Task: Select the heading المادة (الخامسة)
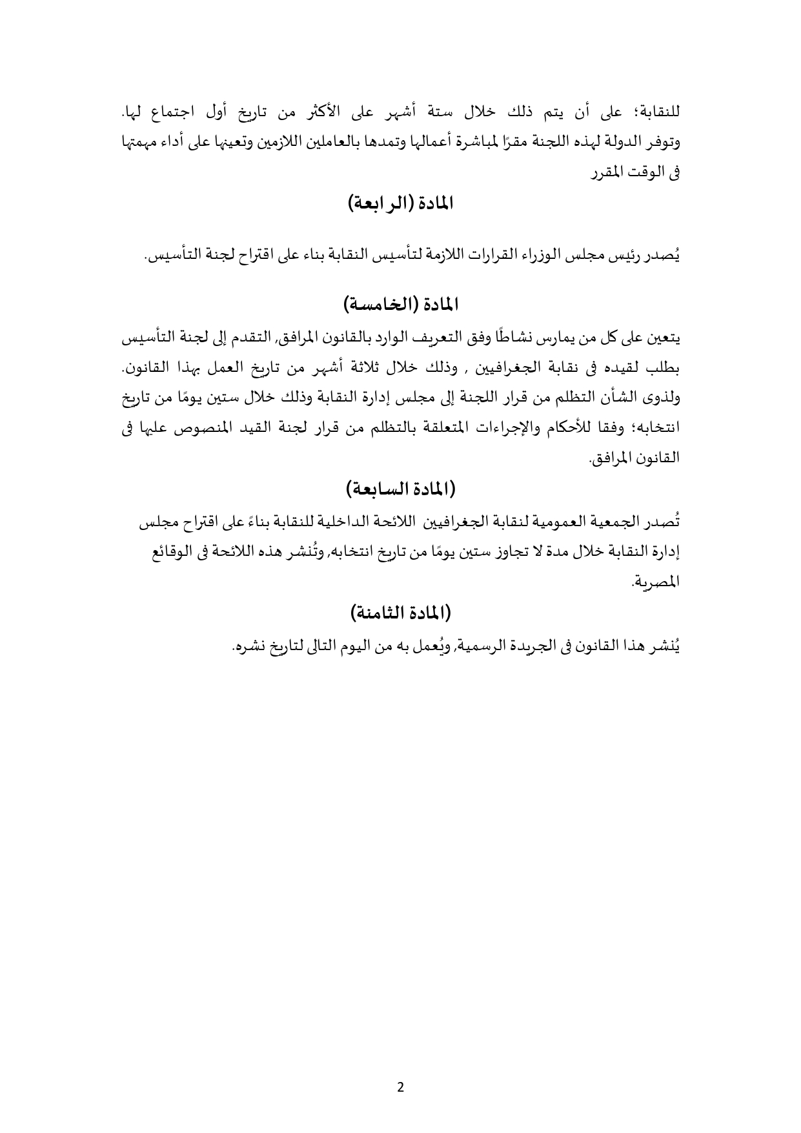pos(400,303)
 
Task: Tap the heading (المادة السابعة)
pos(400,489)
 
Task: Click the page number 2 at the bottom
pos(400,1087)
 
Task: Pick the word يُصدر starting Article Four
pos(665,256)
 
